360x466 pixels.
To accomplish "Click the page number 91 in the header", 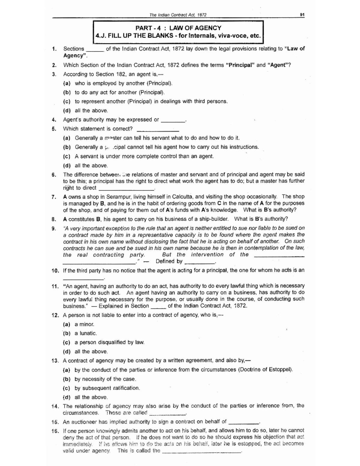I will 302,15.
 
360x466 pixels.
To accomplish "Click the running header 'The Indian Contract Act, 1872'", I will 178,15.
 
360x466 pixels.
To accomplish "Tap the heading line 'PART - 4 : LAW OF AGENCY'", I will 178,28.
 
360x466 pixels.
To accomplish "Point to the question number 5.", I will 54,129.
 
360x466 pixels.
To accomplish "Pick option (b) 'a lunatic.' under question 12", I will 85,333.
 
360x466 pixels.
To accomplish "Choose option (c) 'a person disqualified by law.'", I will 109,342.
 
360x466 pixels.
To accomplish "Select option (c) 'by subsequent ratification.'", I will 107,388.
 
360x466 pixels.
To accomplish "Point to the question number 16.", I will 55,431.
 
